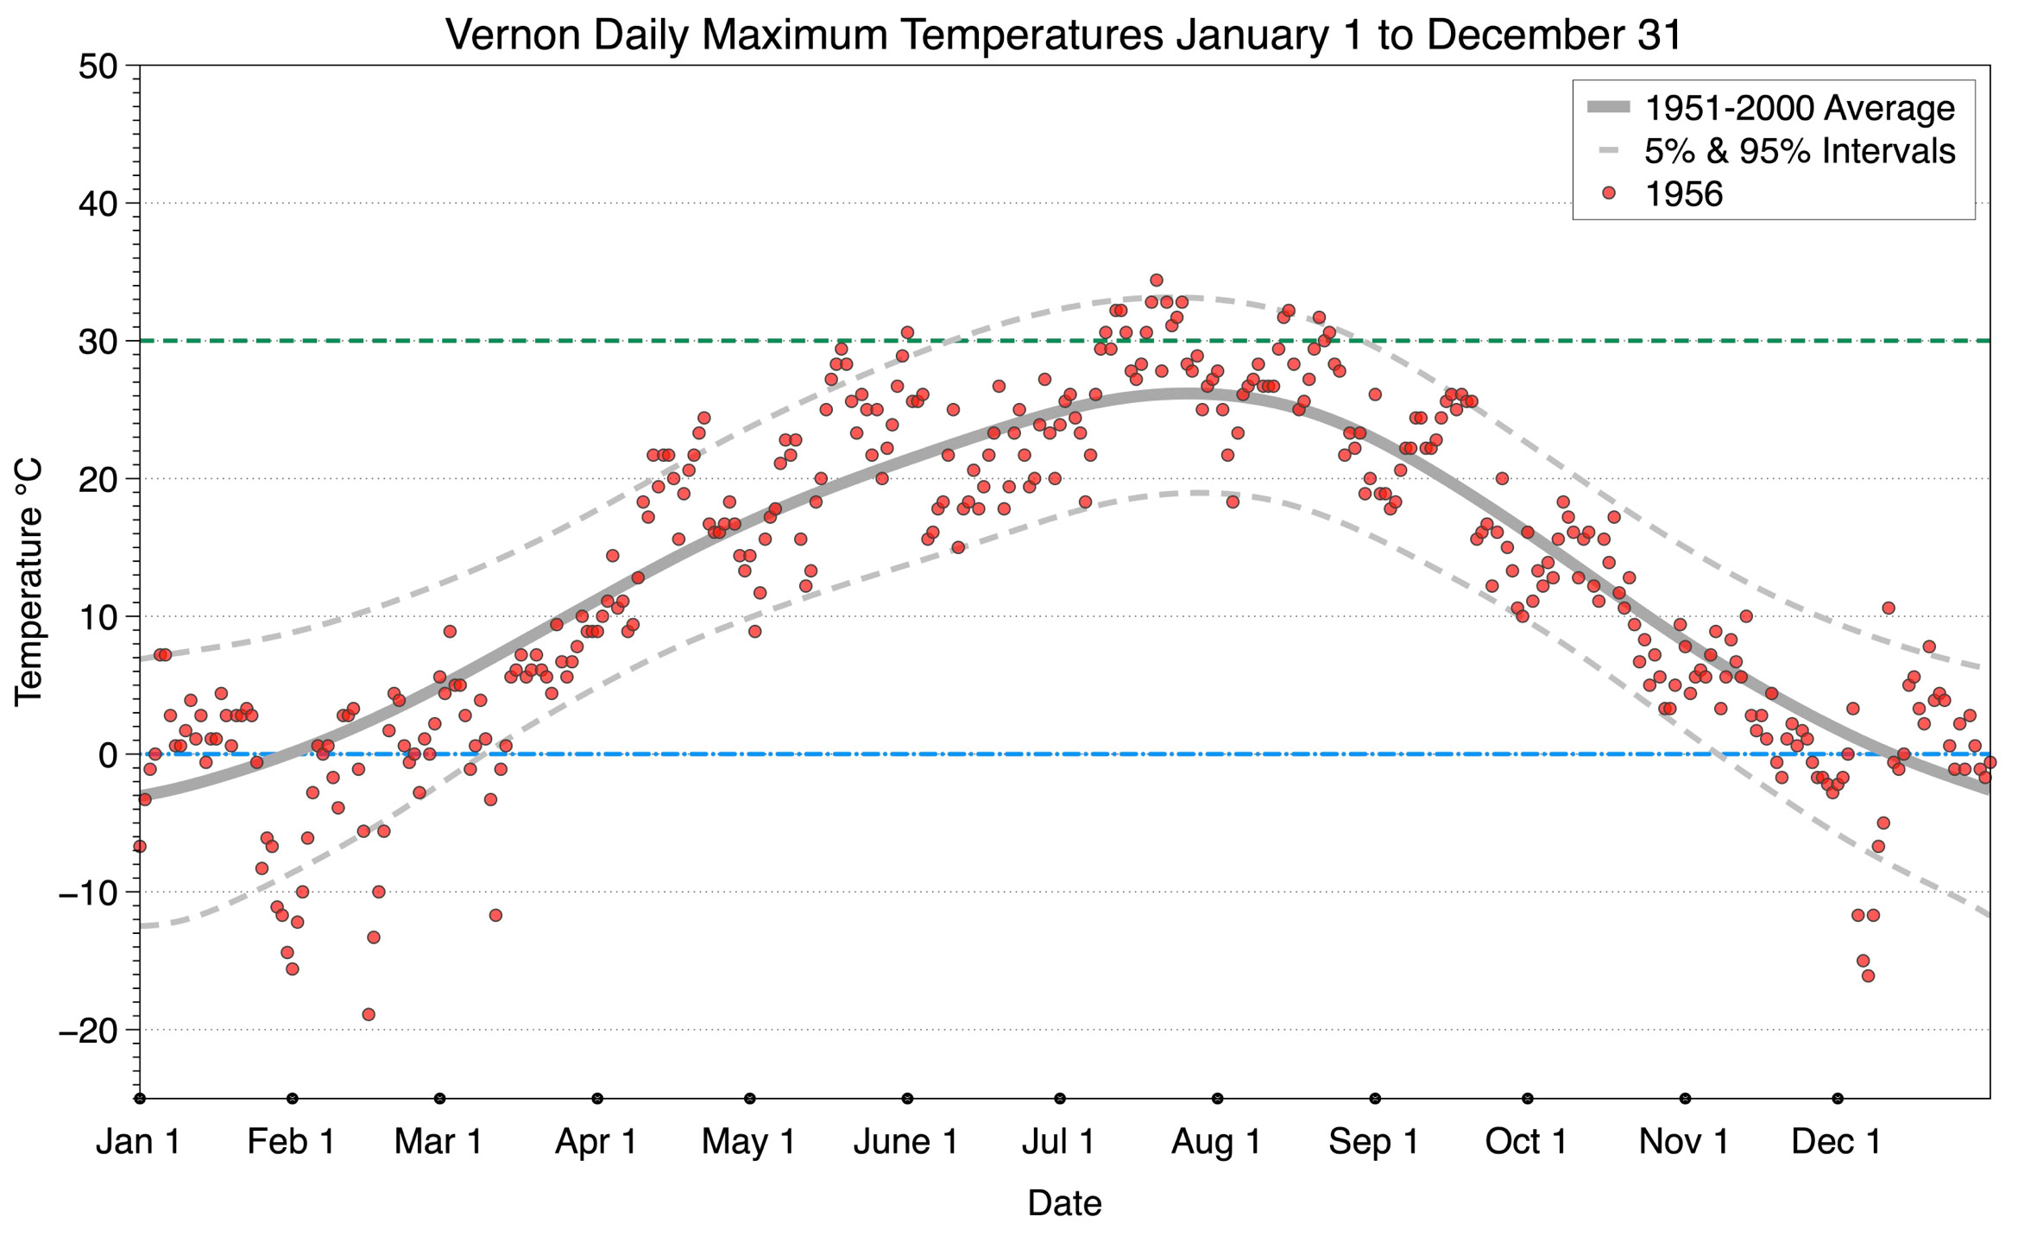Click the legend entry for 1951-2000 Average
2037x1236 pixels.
1799,108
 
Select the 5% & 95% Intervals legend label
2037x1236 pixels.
1799,151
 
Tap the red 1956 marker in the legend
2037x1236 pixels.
1608,193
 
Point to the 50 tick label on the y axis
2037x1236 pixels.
98,66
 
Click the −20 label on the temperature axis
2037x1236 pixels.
87,1030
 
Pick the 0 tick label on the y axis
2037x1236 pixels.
108,755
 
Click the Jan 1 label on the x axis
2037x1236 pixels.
138,1142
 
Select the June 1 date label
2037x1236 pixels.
905,1142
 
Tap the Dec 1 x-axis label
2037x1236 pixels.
1836,1142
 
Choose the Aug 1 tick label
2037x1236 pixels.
1216,1142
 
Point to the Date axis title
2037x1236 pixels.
1064,1203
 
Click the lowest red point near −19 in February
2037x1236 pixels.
369,1014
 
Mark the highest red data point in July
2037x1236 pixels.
1157,280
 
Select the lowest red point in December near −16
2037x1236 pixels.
1868,976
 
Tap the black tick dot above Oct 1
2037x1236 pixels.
1528,1098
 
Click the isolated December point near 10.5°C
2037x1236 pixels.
1889,608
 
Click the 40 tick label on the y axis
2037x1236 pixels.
98,204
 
